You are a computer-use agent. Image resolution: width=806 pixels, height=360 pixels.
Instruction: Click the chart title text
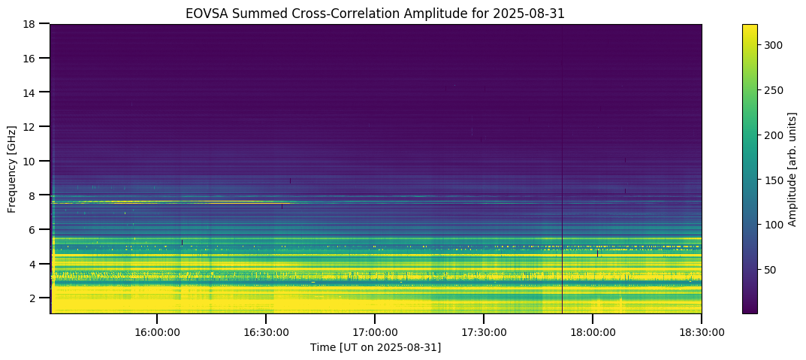pyautogui.click(x=376, y=13)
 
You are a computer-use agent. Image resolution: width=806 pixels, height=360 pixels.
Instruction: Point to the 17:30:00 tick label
pyautogui.click(x=483, y=331)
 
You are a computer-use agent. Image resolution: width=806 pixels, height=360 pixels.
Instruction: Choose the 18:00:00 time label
pyautogui.click(x=593, y=331)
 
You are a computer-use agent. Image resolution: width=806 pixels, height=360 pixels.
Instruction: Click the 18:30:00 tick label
pyautogui.click(x=702, y=331)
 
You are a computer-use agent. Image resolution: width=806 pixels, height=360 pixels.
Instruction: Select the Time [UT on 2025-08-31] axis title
pyautogui.click(x=376, y=347)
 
